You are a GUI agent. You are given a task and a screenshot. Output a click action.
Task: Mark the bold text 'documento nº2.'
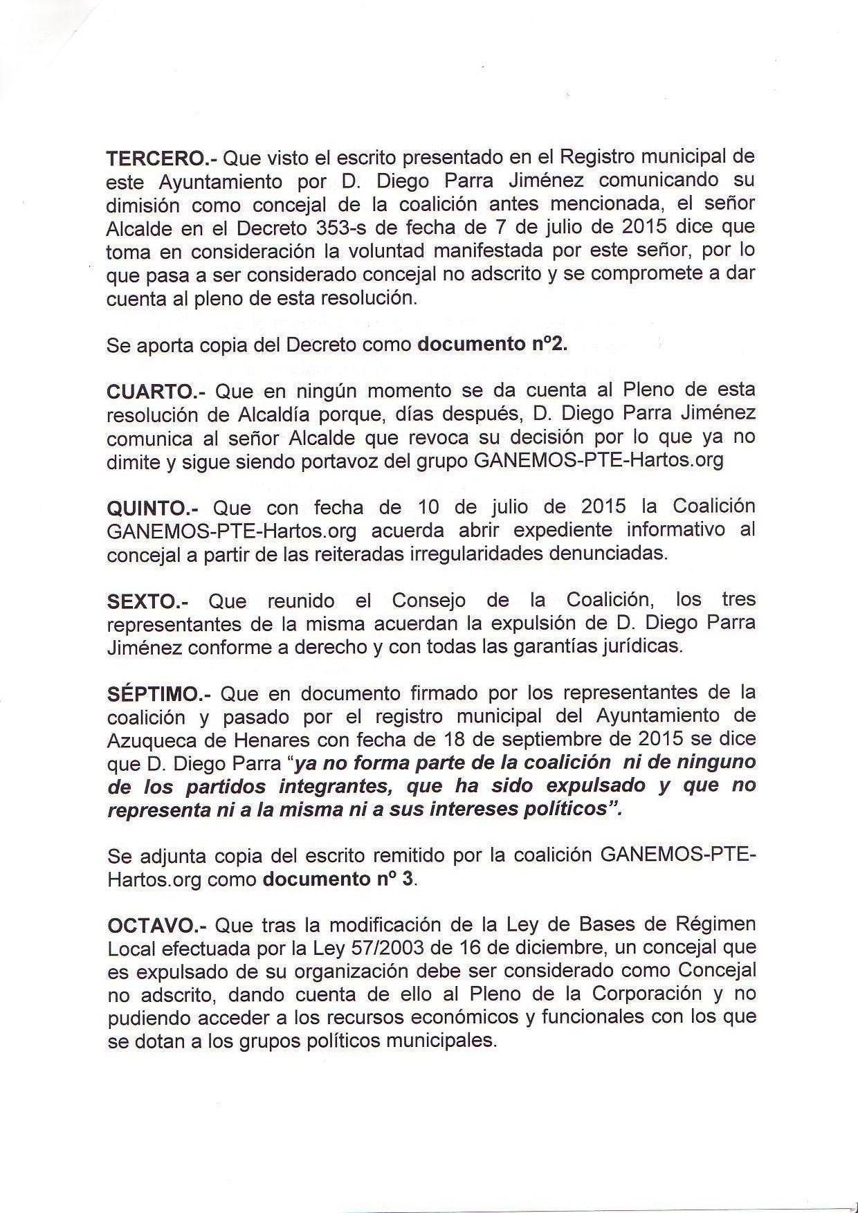[x=492, y=345]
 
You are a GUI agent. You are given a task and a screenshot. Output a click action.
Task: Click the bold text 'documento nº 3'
[x=340, y=879]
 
